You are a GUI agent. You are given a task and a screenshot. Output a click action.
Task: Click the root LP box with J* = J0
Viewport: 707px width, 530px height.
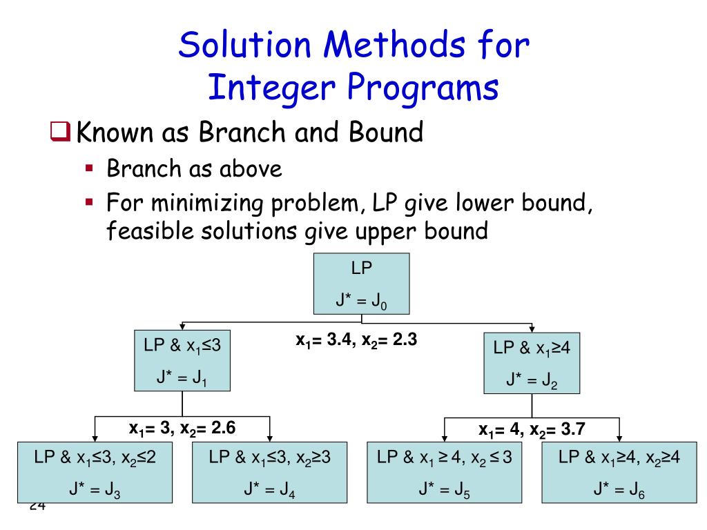point(362,284)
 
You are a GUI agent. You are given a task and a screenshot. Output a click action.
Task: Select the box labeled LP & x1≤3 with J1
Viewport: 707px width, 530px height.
point(182,361)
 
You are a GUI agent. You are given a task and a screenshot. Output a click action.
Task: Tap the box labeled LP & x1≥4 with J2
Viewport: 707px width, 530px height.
point(531,363)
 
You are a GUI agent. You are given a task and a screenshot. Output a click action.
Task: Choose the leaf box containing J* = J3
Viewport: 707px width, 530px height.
point(95,471)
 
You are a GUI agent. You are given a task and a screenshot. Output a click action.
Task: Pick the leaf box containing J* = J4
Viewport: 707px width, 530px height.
point(269,471)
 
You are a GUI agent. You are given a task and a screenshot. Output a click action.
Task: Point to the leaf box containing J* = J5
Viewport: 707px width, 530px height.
point(445,471)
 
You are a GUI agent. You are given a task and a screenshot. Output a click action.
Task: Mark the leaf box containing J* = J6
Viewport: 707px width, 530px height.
point(619,471)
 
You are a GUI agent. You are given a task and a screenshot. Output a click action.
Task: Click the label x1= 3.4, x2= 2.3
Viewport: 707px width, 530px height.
point(356,340)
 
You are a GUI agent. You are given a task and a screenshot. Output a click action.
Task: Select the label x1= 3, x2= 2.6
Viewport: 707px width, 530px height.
point(182,428)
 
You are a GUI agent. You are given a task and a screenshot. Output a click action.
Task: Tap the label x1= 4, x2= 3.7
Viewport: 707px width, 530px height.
point(532,430)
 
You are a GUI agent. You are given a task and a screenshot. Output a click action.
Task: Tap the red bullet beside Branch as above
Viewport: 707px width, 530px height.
point(89,168)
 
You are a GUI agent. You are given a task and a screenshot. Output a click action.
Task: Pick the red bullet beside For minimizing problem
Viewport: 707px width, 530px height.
point(89,202)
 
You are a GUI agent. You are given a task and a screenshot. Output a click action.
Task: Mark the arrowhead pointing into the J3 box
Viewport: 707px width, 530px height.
point(95,436)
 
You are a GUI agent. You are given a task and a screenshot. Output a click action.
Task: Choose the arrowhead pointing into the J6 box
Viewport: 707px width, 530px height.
point(619,436)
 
